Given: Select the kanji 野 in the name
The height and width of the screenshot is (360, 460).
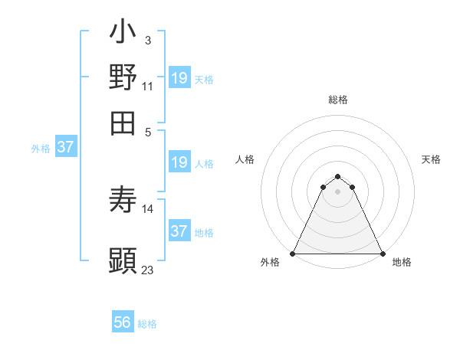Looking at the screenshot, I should point(123,78).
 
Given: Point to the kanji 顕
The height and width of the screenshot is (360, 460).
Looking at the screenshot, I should point(123,260).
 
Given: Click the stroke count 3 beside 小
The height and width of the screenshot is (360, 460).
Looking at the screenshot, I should point(148,39).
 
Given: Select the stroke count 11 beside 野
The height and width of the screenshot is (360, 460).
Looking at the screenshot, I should point(148,87).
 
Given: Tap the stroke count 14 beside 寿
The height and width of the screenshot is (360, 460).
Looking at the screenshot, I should point(148,208).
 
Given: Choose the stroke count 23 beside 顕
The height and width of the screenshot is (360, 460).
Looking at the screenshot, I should point(148,270).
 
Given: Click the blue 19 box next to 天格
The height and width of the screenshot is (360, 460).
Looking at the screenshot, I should point(179,77).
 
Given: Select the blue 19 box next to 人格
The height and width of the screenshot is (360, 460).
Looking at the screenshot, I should point(179,162).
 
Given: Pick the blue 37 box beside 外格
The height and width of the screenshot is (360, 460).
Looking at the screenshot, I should point(65,147).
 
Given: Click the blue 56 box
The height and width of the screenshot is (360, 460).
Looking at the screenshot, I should point(122,322).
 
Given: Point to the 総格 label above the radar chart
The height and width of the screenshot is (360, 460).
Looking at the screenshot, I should point(337,100).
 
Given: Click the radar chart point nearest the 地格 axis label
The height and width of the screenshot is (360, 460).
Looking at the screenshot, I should point(382,253).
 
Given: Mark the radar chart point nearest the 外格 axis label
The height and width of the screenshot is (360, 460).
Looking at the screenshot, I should point(293,253).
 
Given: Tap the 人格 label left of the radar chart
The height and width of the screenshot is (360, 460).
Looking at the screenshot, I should point(245,159).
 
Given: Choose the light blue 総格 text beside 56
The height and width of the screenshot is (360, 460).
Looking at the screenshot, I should point(147,324).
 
